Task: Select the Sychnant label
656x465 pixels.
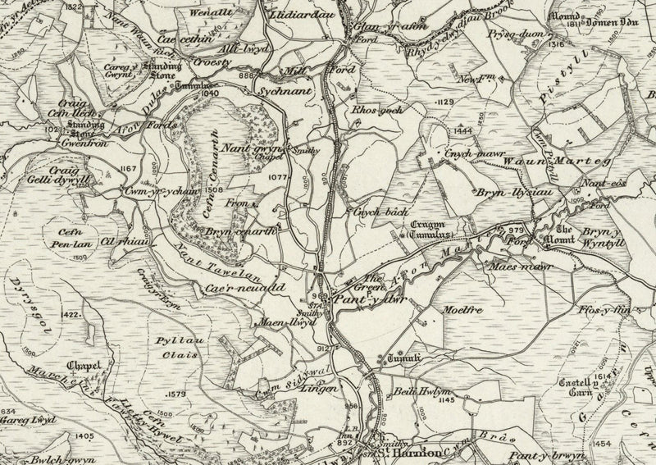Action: (285, 92)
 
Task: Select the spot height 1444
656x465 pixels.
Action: (464, 130)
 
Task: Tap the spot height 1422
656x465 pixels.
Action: (73, 314)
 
